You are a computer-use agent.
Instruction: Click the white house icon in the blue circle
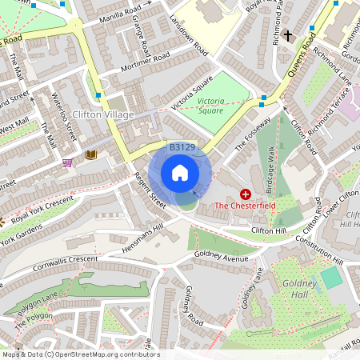click(x=180, y=173)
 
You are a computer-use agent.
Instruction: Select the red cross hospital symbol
click(x=245, y=194)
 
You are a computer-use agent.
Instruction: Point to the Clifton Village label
click(x=104, y=114)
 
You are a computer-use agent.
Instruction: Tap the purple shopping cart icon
click(x=67, y=162)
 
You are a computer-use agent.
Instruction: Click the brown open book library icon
click(x=91, y=154)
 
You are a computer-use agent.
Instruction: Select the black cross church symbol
click(x=286, y=35)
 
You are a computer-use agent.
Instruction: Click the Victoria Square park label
click(x=210, y=106)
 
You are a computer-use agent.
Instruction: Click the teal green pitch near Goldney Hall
click(x=331, y=278)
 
